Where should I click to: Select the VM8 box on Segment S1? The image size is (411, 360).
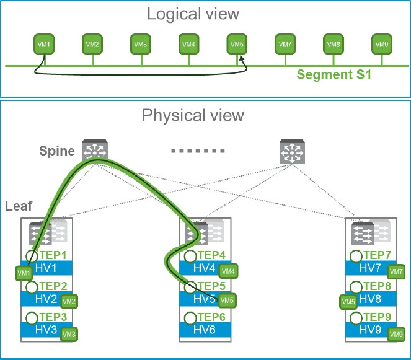point(333,44)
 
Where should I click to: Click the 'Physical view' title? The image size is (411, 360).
point(193,115)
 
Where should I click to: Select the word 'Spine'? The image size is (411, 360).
point(56,151)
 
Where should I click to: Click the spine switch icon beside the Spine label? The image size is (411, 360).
point(95,150)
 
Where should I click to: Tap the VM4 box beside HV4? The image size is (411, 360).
point(229,270)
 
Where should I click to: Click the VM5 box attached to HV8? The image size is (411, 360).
point(348,302)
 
